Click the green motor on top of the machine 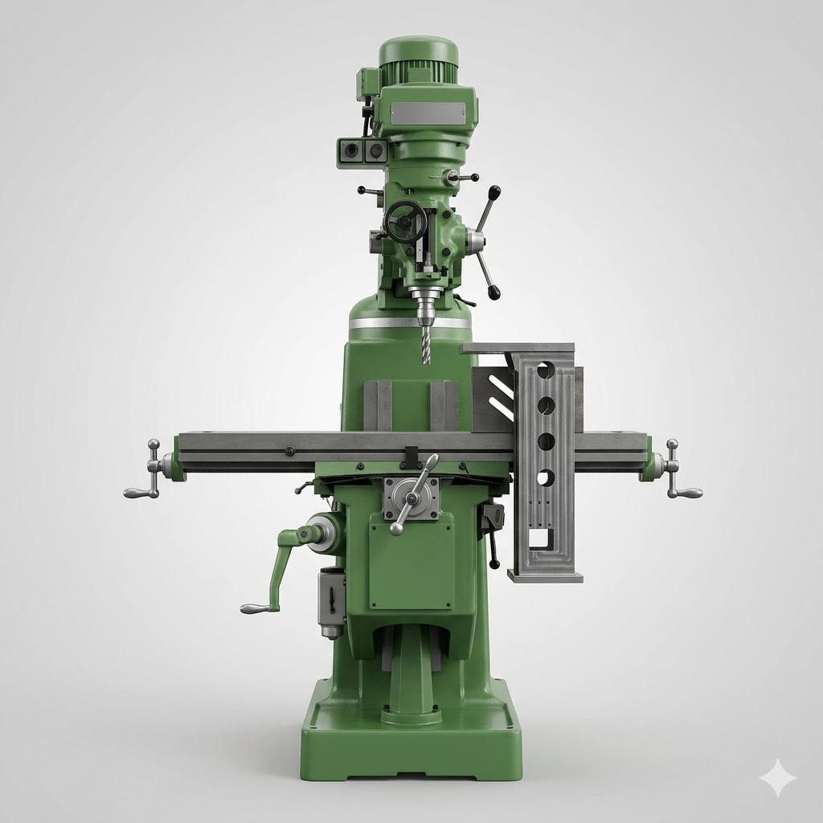tap(418, 59)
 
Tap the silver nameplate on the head tap(428, 113)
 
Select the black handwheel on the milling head tap(405, 221)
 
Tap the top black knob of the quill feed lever tap(494, 192)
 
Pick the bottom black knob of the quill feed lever tap(493, 293)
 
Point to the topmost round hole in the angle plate tap(546, 370)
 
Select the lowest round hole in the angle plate tap(546, 477)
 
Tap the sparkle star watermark tap(776, 777)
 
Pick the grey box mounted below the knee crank tap(331, 599)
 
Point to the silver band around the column tap(410, 323)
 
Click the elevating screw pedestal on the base tap(411, 683)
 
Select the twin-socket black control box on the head tap(362, 150)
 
